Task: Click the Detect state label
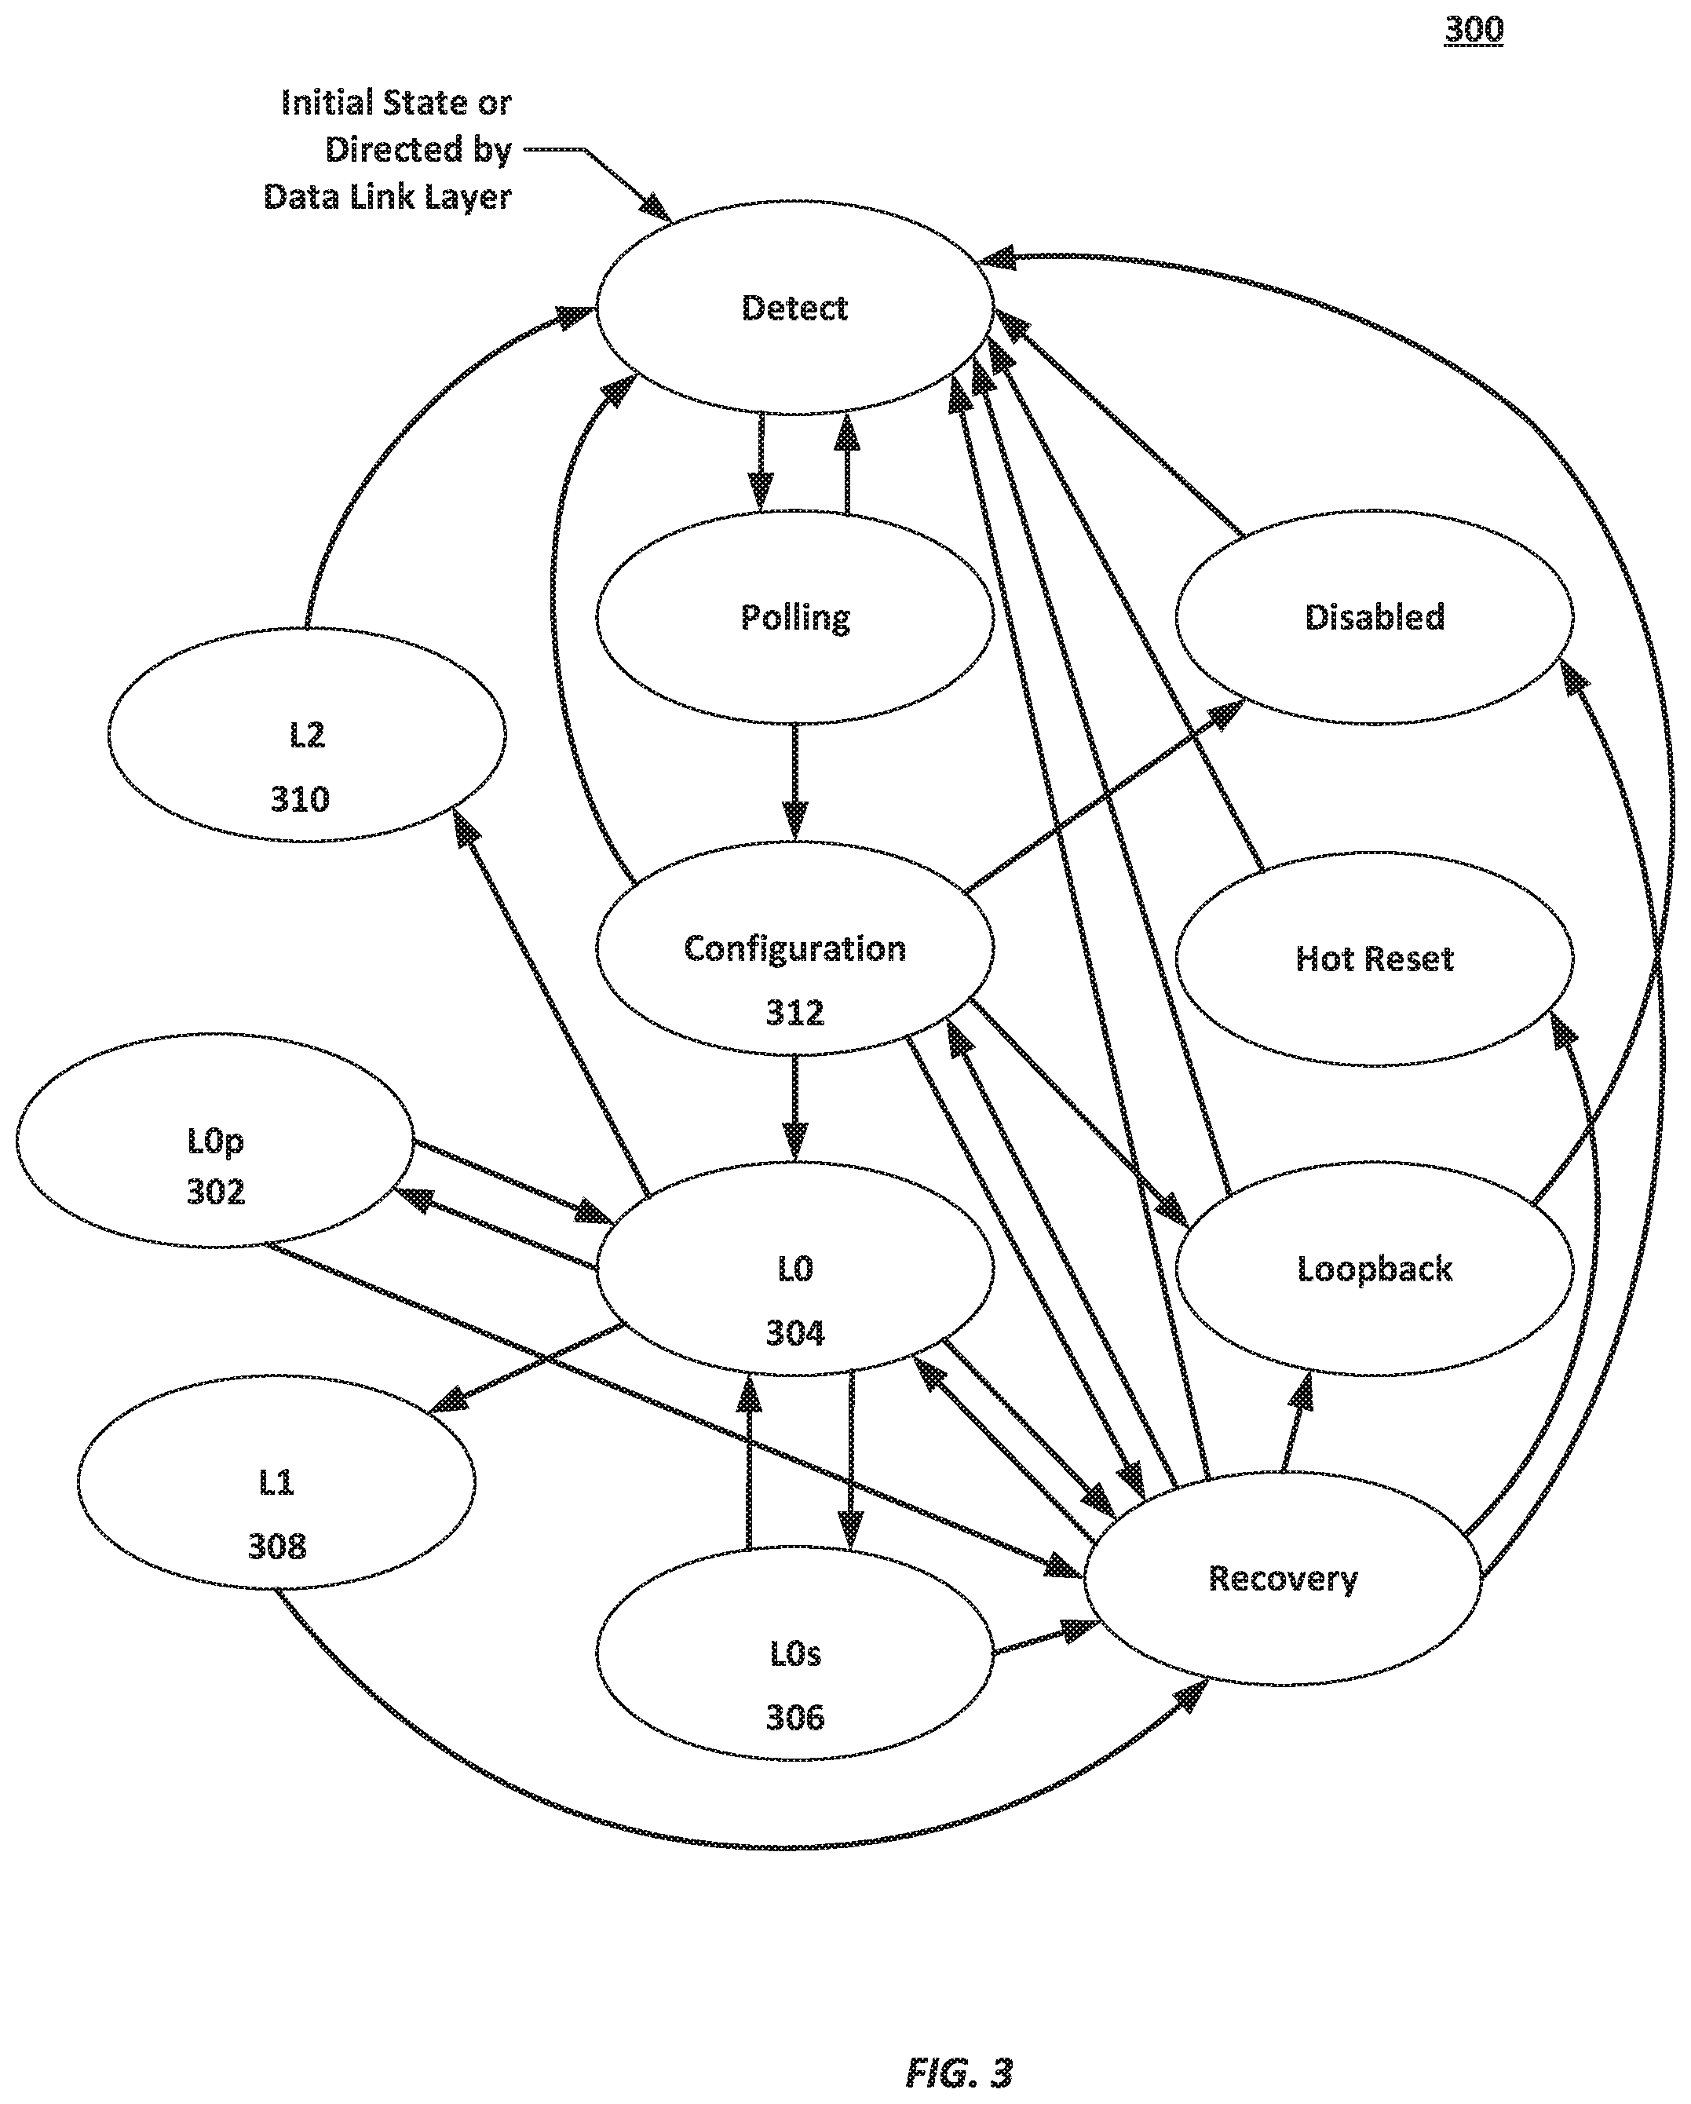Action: pos(794,309)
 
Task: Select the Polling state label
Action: pos(794,618)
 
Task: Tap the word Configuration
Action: pos(794,948)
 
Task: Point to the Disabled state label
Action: pos(1374,617)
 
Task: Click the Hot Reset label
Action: pos(1374,959)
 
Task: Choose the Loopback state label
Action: pos(1374,1269)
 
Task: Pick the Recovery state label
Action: pos(1282,1579)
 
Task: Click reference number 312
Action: pos(794,1013)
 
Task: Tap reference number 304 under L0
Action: pos(794,1333)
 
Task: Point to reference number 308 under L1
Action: pos(276,1547)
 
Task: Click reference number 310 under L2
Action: pos(300,799)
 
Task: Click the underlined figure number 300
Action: pos(1474,29)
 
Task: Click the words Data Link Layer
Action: pos(387,197)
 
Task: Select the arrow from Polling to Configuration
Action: pos(795,782)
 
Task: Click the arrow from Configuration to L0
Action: pos(795,1108)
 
